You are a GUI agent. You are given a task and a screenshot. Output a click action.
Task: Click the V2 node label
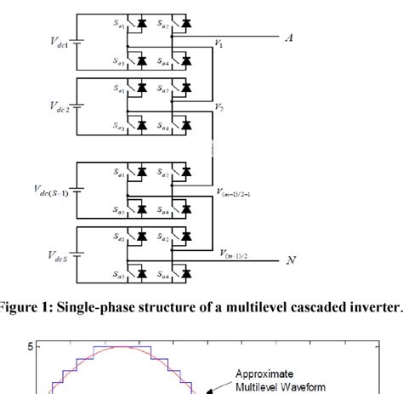[x=220, y=109]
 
